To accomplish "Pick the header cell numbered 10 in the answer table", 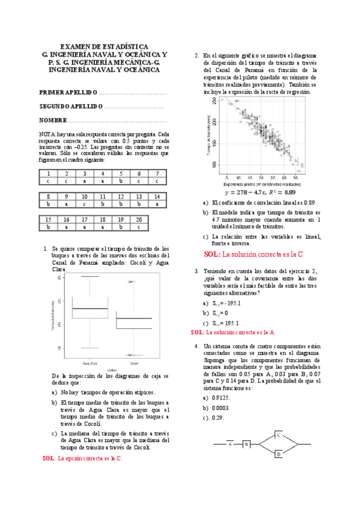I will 85,197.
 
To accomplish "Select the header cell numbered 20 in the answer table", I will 139,220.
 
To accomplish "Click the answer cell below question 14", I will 157,204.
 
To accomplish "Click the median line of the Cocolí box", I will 134,319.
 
